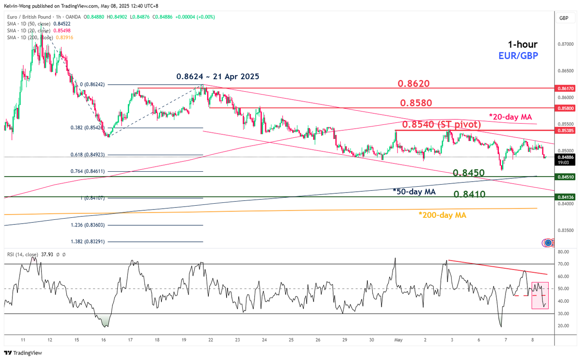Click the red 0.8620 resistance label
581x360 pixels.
[413, 83]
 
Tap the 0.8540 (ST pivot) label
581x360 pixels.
[441, 124]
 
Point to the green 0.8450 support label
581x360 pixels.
[469, 173]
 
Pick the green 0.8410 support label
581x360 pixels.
[469, 194]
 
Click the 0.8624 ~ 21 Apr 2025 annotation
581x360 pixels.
[217, 76]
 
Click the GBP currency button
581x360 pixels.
[564, 18]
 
